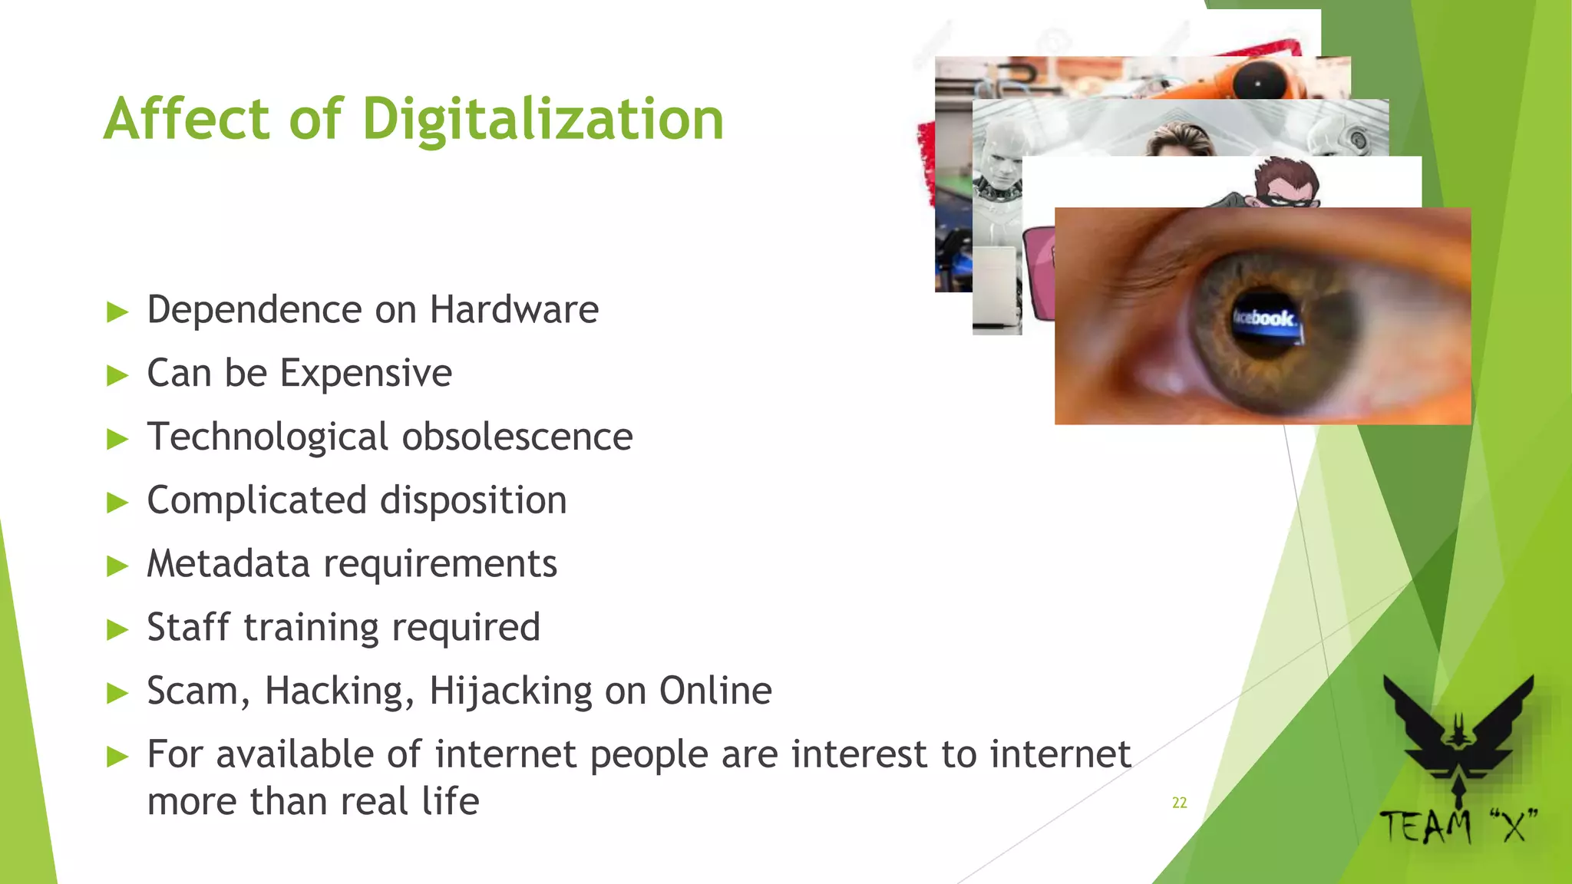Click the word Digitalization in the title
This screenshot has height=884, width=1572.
[x=543, y=120]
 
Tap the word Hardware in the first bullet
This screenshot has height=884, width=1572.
[x=514, y=310]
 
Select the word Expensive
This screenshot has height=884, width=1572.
[x=365, y=374]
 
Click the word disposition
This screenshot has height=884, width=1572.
[x=473, y=500]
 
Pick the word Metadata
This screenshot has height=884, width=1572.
[x=228, y=564]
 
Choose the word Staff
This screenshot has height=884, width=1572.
[x=188, y=627]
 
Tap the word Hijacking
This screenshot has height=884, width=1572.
[x=510, y=691]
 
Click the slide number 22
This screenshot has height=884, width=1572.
[x=1179, y=803]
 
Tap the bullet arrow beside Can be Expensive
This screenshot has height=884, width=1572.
[x=117, y=376]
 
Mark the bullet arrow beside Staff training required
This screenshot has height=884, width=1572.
[x=117, y=630]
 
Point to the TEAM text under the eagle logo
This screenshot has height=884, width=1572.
[x=1425, y=827]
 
